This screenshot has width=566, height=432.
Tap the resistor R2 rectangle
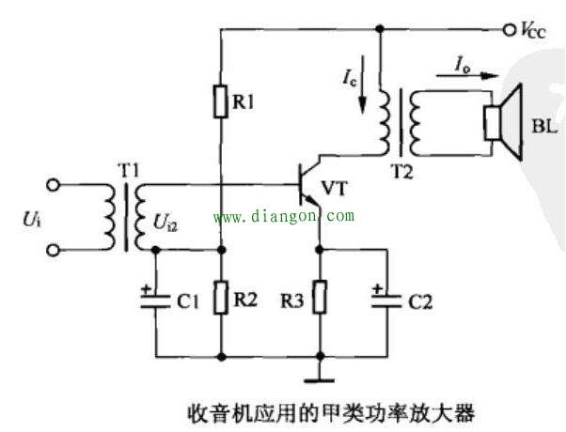click(x=221, y=299)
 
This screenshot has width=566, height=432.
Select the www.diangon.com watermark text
click(x=284, y=217)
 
